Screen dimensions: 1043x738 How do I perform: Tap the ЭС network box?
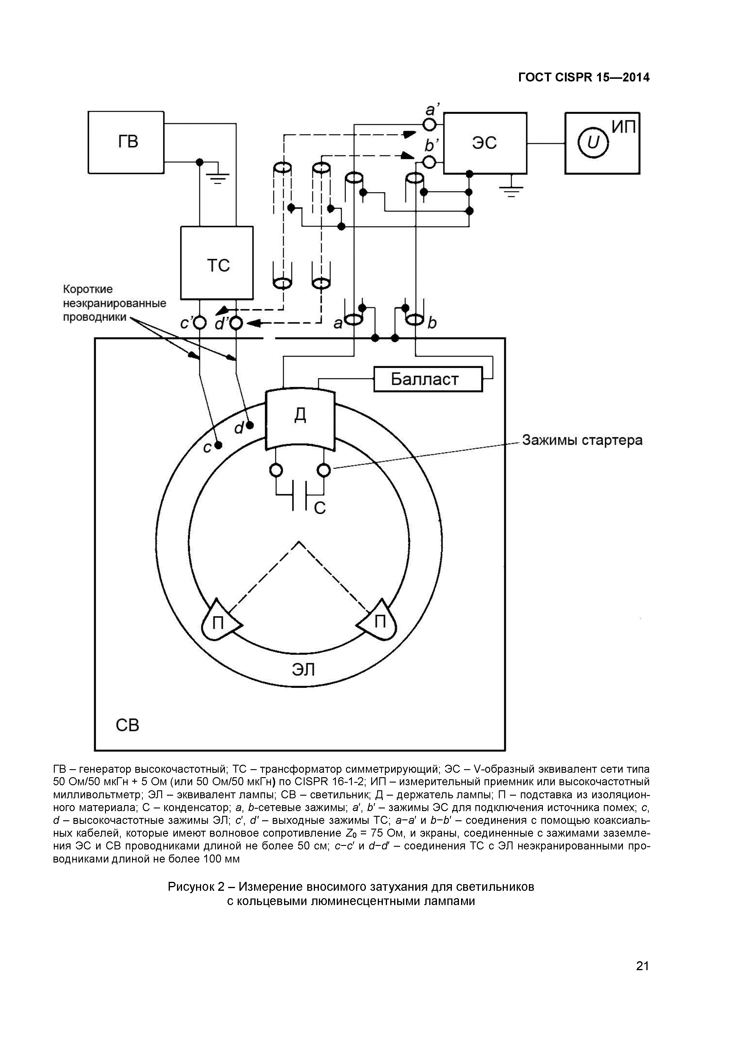[x=485, y=143]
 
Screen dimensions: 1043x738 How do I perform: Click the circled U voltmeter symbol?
[x=593, y=143]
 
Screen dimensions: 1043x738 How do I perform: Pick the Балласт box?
[x=428, y=379]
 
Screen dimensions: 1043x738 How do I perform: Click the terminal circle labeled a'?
[x=429, y=124]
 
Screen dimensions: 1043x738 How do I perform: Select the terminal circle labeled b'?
[x=429, y=161]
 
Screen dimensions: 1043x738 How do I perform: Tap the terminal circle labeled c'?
[x=200, y=323]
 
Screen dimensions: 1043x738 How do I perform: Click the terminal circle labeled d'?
[x=236, y=323]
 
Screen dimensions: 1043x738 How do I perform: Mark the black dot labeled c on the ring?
[x=219, y=445]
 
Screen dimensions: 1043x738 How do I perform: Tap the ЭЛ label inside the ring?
[x=303, y=670]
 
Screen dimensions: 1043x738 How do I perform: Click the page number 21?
[x=642, y=978]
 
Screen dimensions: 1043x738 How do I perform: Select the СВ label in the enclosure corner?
[x=127, y=725]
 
